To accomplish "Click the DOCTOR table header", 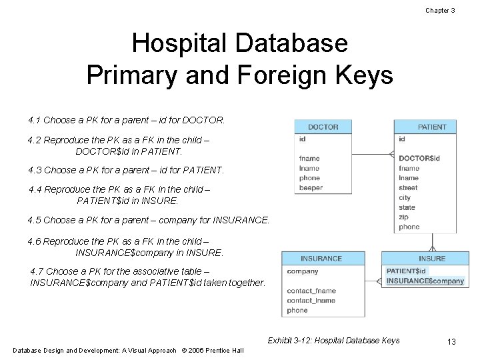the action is pyautogui.click(x=323, y=127).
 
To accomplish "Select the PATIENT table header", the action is pyautogui.click(x=432, y=127).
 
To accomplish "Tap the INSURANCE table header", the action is pyautogui.click(x=321, y=259).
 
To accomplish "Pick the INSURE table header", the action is pyautogui.click(x=432, y=259).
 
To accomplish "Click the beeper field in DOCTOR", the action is pyautogui.click(x=311, y=188).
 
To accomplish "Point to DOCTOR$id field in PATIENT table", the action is pyautogui.click(x=419, y=158).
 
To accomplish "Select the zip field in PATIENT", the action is pyautogui.click(x=404, y=217).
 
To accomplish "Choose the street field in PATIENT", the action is pyautogui.click(x=408, y=188).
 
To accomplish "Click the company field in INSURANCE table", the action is pyautogui.click(x=303, y=271).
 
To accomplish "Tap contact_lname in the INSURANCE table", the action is pyautogui.click(x=311, y=301).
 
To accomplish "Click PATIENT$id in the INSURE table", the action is pyautogui.click(x=406, y=271).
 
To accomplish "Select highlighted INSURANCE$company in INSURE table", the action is pyautogui.click(x=425, y=281).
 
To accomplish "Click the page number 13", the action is pyautogui.click(x=451, y=342).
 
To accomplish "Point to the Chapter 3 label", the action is pyautogui.click(x=440, y=11).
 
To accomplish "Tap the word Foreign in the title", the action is pyautogui.click(x=282, y=75).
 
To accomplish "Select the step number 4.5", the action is pyautogui.click(x=35, y=219).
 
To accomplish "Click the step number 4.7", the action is pyautogui.click(x=38, y=271).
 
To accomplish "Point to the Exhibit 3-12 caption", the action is pyautogui.click(x=333, y=341).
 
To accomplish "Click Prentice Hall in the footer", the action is pyautogui.click(x=223, y=351).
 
